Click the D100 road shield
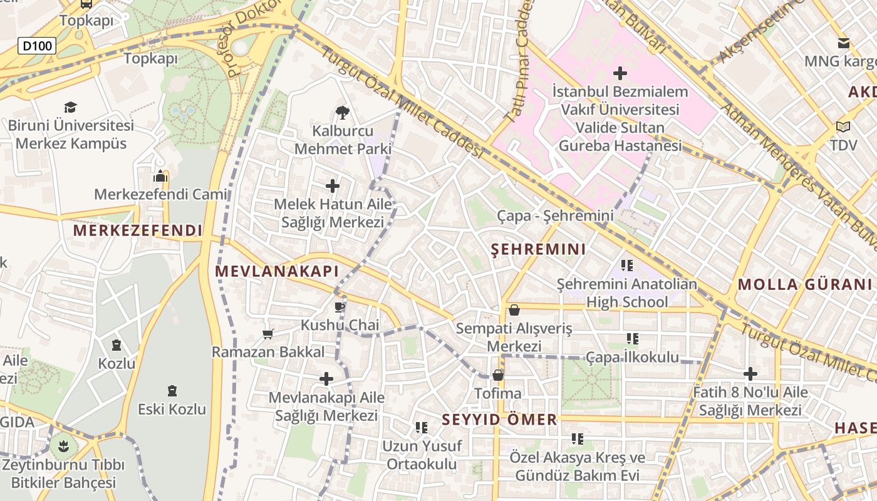coord(37,46)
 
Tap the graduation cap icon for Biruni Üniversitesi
coord(70,108)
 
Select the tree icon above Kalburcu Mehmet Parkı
coord(342,113)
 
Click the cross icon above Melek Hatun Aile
coord(333,186)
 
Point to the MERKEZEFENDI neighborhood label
coord(138,230)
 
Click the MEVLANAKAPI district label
coord(276,271)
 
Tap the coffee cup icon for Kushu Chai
coord(340,307)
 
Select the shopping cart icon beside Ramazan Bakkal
coord(268,334)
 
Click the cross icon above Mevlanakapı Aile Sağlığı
coord(326,379)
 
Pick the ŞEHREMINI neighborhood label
coord(538,249)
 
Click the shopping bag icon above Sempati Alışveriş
coord(514,310)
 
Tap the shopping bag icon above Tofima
coord(498,375)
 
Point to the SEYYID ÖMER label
coord(499,420)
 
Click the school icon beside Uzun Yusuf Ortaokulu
coord(422,428)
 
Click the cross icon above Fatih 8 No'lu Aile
coord(750,374)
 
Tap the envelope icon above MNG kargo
coord(844,43)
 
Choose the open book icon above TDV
coord(843,127)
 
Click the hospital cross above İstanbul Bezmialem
coord(620,73)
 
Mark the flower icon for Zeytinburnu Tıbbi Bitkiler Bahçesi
coord(63,447)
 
